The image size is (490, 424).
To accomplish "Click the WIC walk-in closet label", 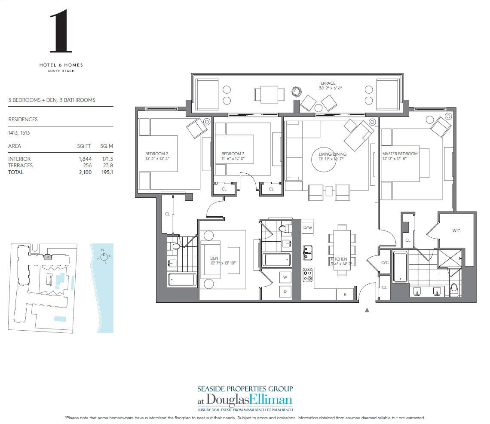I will coord(456,231).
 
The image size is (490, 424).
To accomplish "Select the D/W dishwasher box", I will coord(307,227).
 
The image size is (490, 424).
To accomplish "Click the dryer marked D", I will coord(285,291).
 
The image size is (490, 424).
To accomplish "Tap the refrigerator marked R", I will coord(345,295).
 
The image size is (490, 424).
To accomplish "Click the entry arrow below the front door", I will coord(367,310).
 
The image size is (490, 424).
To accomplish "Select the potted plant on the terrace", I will coord(296,91).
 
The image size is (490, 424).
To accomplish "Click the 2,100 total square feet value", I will coord(85,172).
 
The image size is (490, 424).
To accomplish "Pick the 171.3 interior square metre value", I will coord(106,159).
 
